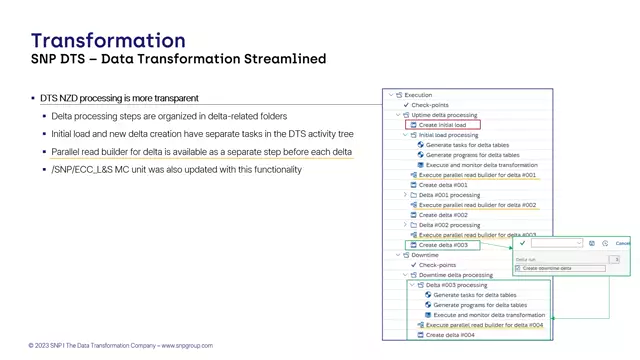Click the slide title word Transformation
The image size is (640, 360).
click(108, 41)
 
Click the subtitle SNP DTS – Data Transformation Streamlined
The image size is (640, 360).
click(178, 60)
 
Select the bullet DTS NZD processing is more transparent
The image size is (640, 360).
click(119, 98)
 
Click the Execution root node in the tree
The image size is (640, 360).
click(418, 95)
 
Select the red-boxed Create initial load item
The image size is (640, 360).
click(442, 125)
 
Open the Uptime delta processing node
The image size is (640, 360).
click(444, 115)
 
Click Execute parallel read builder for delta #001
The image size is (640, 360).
click(477, 175)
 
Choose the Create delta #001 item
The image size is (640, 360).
click(443, 185)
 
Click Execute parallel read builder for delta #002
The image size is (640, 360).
click(477, 205)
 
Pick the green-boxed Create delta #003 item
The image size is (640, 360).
click(443, 245)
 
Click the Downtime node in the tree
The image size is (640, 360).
click(424, 255)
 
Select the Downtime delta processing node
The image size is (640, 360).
click(455, 275)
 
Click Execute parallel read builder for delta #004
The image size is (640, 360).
click(484, 325)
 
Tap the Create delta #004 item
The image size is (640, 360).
click(450, 335)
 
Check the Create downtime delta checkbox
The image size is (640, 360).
click(518, 268)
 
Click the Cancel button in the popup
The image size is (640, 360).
click(623, 243)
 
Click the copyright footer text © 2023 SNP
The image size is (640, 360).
click(120, 346)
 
